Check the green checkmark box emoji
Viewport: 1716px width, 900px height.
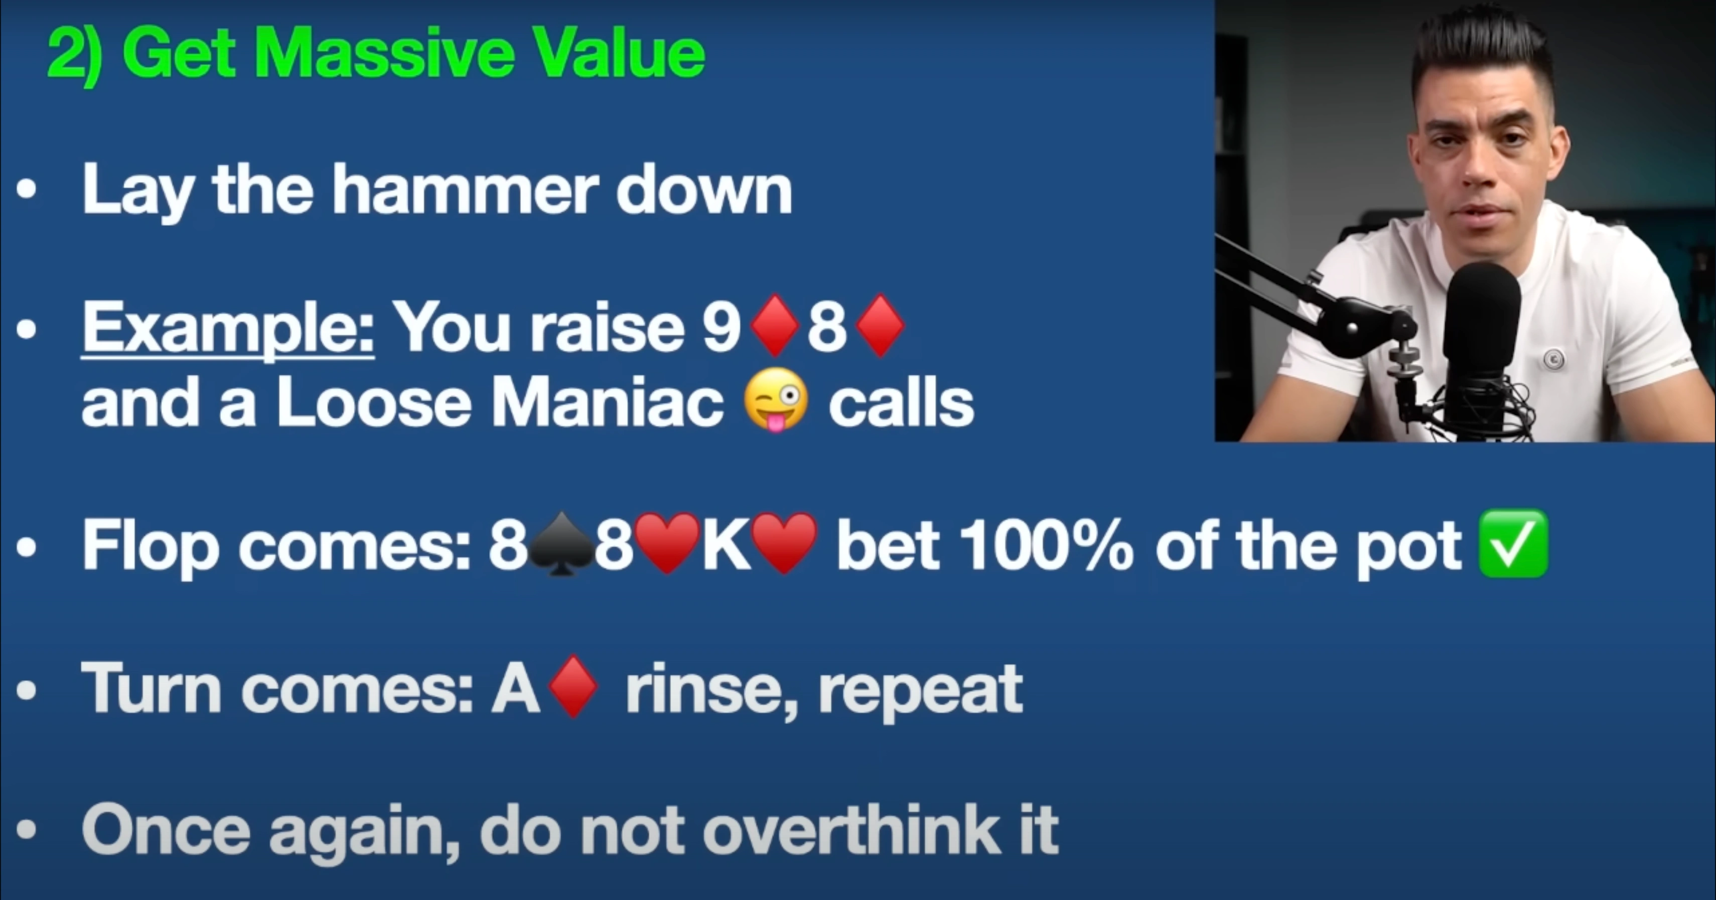click(x=1513, y=543)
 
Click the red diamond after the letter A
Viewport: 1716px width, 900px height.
click(x=574, y=687)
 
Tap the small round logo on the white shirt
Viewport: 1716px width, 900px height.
click(x=1554, y=359)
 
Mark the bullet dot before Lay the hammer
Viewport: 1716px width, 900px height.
click(x=27, y=190)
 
